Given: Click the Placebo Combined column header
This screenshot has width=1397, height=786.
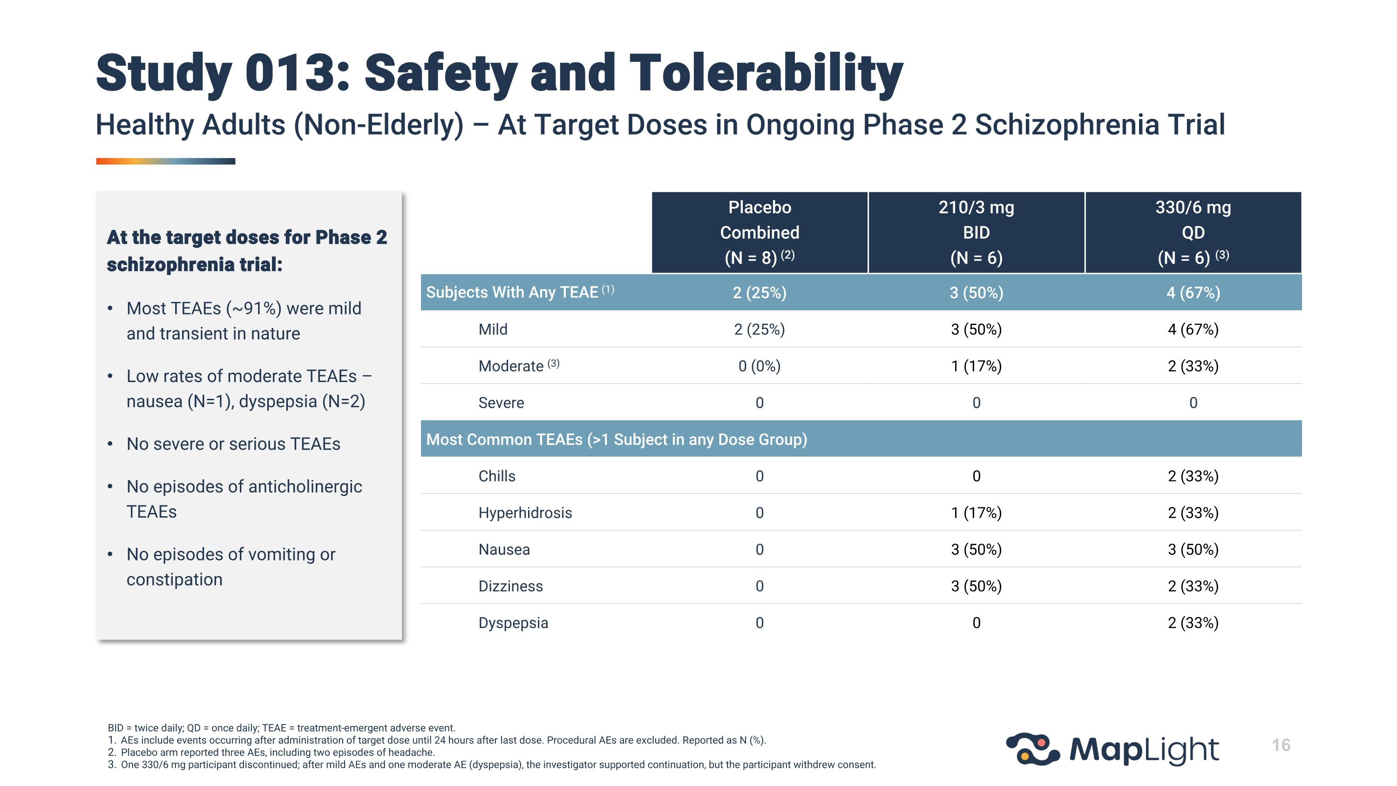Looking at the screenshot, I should (759, 232).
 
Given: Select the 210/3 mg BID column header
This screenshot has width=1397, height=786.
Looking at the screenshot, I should (976, 232).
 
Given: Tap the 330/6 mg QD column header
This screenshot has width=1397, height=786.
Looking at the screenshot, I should (1193, 232).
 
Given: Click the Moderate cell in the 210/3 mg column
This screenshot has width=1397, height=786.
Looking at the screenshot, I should (976, 366).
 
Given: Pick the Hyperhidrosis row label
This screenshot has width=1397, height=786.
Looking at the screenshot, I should (525, 513).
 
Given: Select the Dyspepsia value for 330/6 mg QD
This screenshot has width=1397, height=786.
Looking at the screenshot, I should (1193, 623).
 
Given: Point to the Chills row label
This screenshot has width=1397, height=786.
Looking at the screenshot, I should (497, 476).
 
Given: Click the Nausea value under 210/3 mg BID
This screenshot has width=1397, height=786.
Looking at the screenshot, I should (976, 549).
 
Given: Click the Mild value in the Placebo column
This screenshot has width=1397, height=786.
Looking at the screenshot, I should (759, 329).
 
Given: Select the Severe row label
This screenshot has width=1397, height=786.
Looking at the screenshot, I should (501, 403).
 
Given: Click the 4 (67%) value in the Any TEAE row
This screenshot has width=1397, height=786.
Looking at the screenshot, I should (1193, 293).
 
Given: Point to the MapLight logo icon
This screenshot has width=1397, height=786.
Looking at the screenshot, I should (1032, 749).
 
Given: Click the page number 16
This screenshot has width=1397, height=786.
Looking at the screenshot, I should (1281, 745).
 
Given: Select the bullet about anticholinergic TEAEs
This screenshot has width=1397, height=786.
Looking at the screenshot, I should (244, 499).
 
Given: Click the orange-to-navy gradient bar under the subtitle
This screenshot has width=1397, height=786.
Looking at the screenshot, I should (165, 161).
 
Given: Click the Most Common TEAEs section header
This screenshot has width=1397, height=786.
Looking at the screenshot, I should (617, 439).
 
